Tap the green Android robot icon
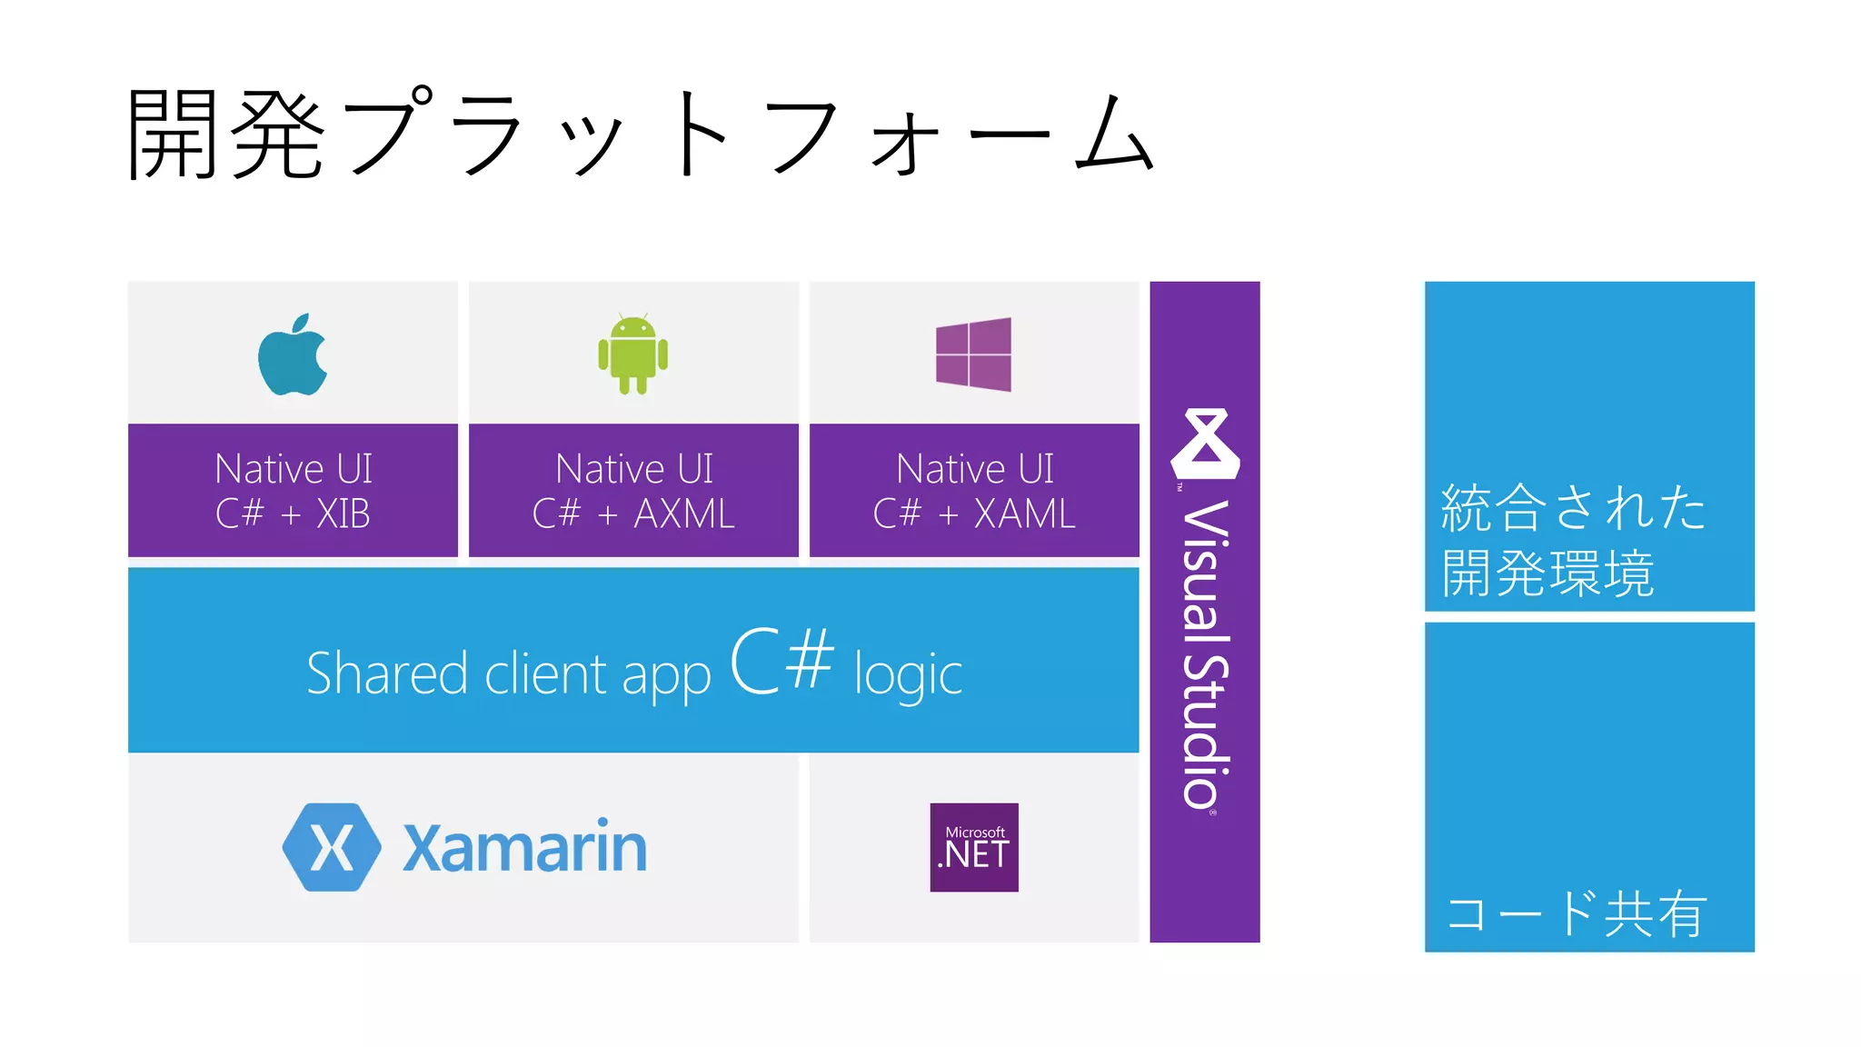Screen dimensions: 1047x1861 632,354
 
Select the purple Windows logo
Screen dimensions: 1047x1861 973,354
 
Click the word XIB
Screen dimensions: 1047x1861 343,514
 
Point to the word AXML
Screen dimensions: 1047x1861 684,514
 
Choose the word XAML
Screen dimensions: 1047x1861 1025,514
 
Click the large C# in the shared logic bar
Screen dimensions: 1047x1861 781,661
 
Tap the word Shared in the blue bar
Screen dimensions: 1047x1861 387,673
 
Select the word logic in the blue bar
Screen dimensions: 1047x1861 908,675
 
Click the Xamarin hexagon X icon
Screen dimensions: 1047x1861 332,847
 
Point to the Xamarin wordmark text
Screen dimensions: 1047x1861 524,847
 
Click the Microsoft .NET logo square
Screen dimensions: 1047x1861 974,847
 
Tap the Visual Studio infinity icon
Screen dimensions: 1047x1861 1205,444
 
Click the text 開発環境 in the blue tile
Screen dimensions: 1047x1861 1548,573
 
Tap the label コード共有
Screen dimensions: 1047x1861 1576,913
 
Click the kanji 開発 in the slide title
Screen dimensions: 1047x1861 226,135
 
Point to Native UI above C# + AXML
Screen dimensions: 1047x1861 634,469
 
